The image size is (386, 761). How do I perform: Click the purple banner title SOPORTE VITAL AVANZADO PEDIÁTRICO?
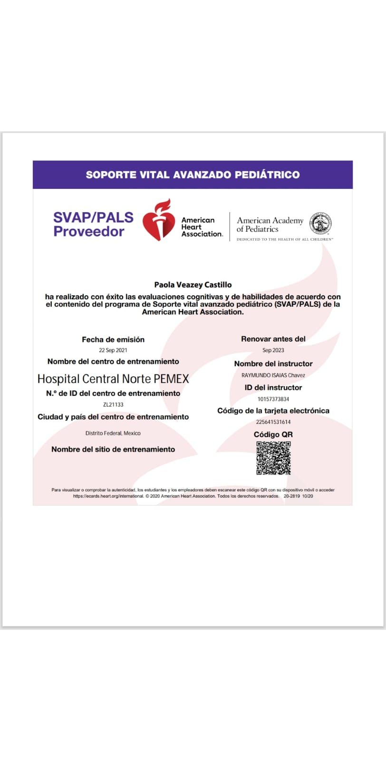(193, 175)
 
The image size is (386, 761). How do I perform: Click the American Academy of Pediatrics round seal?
(320, 224)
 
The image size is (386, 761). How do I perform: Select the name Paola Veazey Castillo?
(193, 285)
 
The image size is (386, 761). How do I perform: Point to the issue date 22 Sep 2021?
(113, 351)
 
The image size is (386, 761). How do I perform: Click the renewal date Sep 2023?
(273, 351)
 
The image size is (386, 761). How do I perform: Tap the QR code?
(273, 458)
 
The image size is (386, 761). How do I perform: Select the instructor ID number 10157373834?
(273, 399)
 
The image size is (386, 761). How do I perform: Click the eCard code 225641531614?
(273, 422)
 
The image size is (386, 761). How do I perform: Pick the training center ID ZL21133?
(113, 405)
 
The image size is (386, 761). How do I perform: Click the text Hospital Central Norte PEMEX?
(113, 379)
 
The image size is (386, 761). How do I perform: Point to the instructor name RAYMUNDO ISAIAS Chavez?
(273, 375)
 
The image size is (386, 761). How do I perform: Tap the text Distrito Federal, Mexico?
(113, 433)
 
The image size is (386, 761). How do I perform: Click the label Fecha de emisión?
(113, 340)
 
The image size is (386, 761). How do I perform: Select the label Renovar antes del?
(273, 339)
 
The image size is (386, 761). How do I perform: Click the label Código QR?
(273, 435)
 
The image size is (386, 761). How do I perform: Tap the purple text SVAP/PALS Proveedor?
(93, 224)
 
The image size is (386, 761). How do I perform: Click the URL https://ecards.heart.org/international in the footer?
(108, 496)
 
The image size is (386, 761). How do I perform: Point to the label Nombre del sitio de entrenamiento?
(113, 449)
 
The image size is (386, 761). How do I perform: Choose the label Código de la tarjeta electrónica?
(273, 411)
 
